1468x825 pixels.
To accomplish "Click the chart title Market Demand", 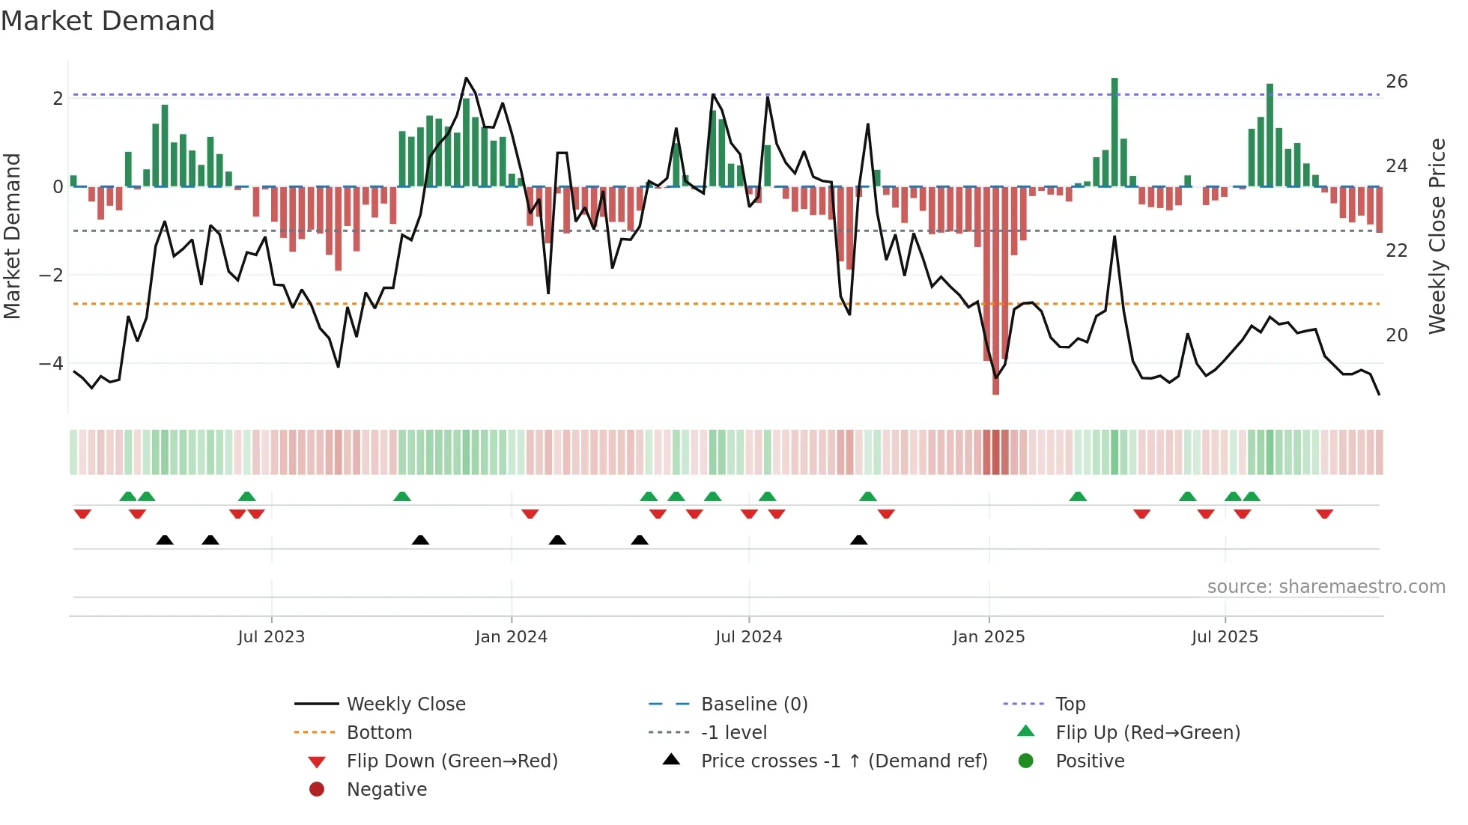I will point(108,21).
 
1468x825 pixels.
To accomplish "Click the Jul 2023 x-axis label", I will point(271,637).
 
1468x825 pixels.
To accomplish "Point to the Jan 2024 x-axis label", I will point(511,637).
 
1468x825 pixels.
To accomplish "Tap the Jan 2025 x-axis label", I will point(988,637).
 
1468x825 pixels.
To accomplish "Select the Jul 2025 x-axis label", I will point(1225,637).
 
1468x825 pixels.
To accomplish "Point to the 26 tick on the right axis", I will point(1396,82).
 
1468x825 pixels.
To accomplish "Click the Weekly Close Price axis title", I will point(1437,236).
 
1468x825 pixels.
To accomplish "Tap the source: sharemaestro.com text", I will point(1326,587).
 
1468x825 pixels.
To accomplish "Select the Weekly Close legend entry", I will point(405,704).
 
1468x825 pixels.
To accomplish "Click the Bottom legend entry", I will point(379,733).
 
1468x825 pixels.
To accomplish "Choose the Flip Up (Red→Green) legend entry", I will point(1147,733).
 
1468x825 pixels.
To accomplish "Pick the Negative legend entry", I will point(386,790).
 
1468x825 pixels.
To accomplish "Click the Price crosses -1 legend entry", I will point(843,761).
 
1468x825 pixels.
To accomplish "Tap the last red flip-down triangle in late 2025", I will point(1324,514).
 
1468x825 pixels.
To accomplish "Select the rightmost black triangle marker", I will point(859,541).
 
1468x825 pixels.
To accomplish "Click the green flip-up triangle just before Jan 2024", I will point(402,496).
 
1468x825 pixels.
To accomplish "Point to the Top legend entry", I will point(1070,704).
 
